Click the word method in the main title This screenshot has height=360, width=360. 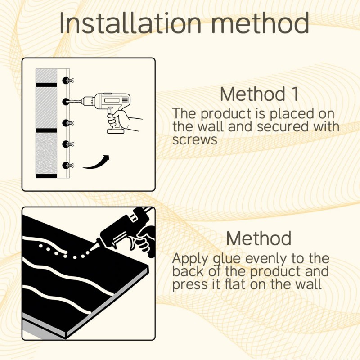tap(260, 23)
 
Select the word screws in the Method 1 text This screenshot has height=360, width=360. tap(195, 139)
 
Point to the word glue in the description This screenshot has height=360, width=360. tap(227, 259)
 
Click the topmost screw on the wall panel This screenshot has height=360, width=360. tap(68, 81)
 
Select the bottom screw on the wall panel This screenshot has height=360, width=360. tap(68, 165)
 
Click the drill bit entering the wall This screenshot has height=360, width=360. tap(75, 101)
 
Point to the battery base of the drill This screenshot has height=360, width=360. tap(116, 131)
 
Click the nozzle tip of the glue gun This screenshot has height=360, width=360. tap(91, 249)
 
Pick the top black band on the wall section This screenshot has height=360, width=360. tap(46, 85)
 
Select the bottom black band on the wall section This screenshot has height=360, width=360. tap(46, 176)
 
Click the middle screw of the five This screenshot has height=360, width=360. tap(68, 123)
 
